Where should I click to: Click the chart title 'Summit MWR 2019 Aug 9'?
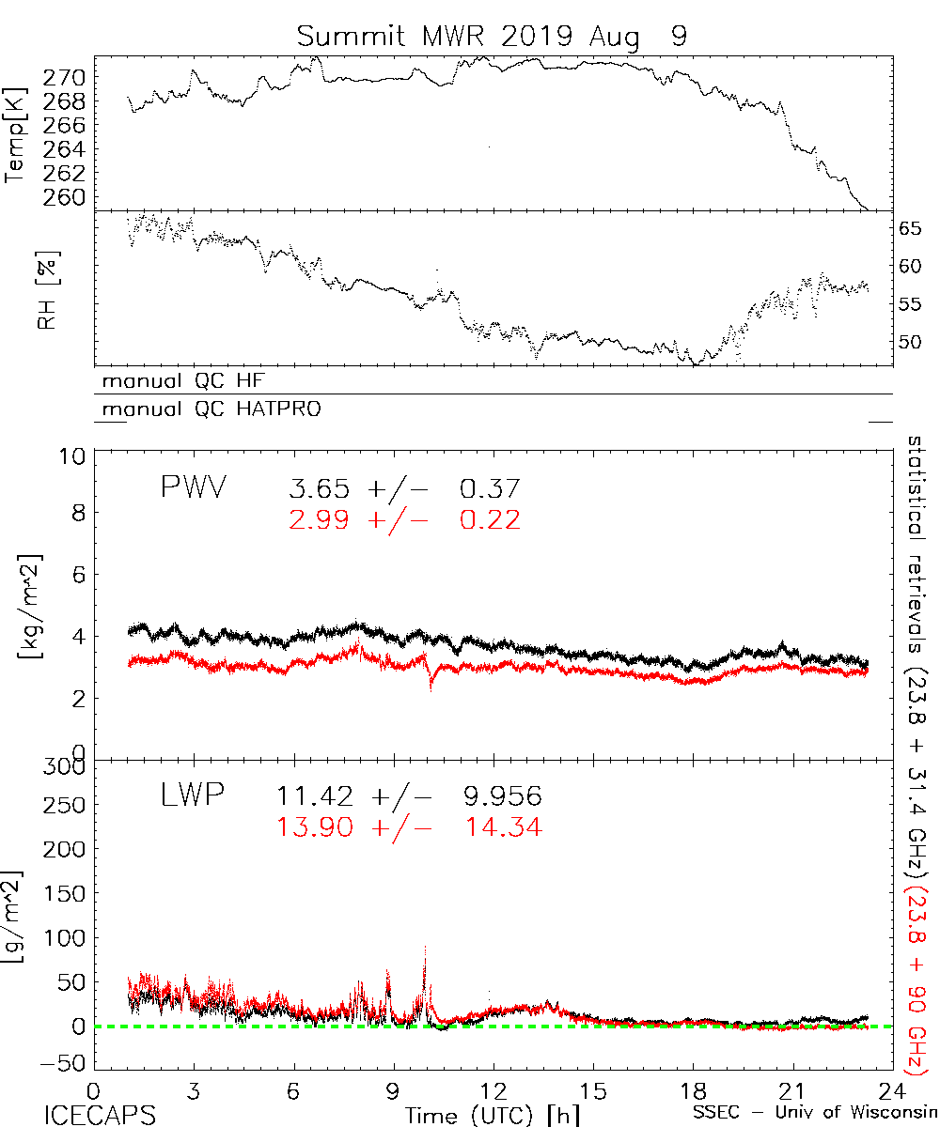pos(493,38)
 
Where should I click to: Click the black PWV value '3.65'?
pos(320,488)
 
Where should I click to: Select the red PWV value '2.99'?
pos(320,520)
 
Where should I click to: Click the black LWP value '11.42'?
pos(315,797)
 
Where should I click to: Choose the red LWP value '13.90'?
pos(315,827)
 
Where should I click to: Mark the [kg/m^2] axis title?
pos(26,606)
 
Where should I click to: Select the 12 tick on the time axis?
pos(493,1090)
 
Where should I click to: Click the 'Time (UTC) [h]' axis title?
pos(479,1116)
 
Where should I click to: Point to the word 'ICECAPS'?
pos(96,1116)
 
